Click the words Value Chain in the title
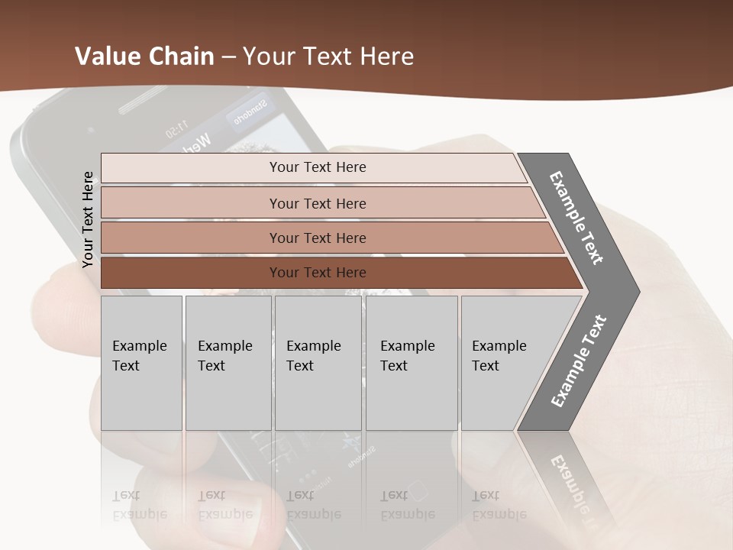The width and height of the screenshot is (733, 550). [144, 57]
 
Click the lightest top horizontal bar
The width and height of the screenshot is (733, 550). [317, 167]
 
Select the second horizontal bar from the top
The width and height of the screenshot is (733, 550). [317, 203]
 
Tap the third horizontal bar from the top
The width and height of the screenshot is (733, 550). [317, 238]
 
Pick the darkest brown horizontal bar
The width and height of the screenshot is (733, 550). [317, 273]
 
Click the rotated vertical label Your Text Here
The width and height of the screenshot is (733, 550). [88, 219]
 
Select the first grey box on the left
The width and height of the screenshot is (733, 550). [141, 363]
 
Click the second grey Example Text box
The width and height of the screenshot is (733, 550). [228, 363]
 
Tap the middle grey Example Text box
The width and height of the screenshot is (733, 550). [318, 363]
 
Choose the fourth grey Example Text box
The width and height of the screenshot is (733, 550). [412, 363]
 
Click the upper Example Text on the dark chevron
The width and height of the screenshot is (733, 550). [576, 218]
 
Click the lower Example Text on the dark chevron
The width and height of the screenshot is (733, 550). [579, 361]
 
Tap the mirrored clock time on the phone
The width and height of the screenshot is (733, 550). [176, 125]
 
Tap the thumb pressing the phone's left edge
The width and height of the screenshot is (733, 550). [61, 306]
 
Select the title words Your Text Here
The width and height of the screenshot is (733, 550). [328, 57]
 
